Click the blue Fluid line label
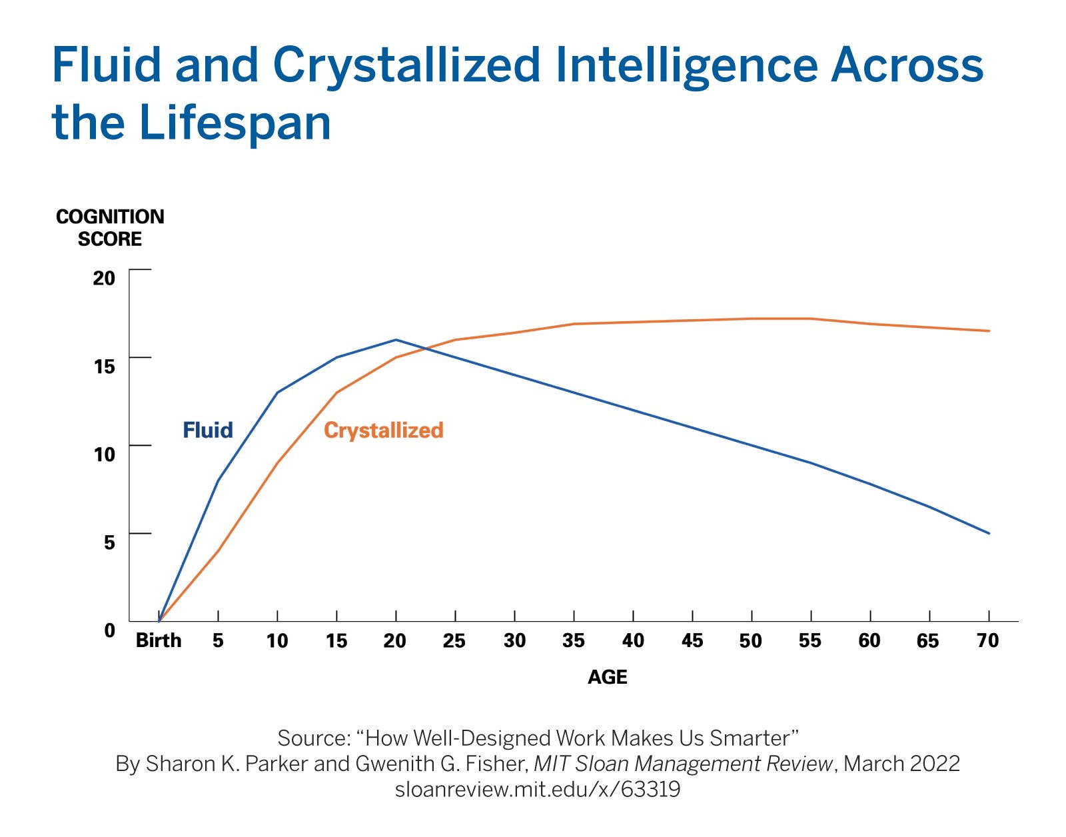click(x=208, y=430)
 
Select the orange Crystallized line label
click(x=383, y=430)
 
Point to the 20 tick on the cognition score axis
click(x=104, y=277)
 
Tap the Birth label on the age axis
click(x=159, y=640)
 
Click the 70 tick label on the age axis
click(x=987, y=640)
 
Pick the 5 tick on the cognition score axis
click(x=109, y=542)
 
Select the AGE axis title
click(x=607, y=677)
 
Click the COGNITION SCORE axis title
click(x=110, y=228)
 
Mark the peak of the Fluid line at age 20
click(x=396, y=340)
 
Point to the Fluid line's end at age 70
click(x=989, y=533)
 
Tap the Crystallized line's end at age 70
click(x=989, y=331)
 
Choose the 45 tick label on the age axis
click(x=692, y=640)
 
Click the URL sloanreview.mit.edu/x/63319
click(x=537, y=789)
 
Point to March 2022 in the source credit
click(x=901, y=763)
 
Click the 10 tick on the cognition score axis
click(x=105, y=454)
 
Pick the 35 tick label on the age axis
click(x=573, y=640)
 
